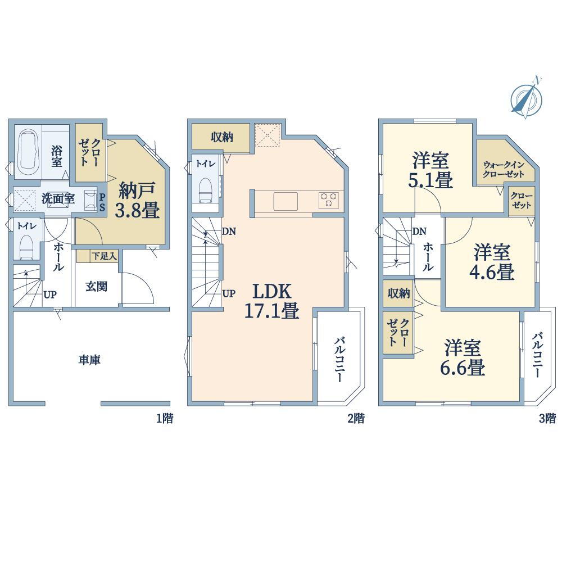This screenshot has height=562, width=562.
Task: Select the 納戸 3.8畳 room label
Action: tap(137, 200)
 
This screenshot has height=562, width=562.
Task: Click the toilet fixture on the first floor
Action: tap(26, 247)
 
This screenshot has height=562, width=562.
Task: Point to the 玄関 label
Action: tap(97, 287)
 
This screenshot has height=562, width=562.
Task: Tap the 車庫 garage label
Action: tap(89, 360)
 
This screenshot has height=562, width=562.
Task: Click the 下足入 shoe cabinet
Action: tap(97, 256)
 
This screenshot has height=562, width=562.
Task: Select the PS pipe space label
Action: tap(102, 202)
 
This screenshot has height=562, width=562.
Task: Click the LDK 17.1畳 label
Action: tap(271, 301)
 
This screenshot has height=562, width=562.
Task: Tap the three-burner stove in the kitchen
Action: tap(328, 200)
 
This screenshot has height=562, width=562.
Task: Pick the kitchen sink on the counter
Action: tap(285, 201)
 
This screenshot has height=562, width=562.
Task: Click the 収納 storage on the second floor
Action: tap(221, 137)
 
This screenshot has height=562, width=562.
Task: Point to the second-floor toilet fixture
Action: tap(206, 190)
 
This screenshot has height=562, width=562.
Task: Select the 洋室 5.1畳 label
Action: tap(430, 170)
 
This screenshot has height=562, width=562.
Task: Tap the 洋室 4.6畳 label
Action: tap(492, 262)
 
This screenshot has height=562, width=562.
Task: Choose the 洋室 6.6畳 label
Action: tap(463, 357)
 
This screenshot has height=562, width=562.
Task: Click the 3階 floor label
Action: tap(547, 418)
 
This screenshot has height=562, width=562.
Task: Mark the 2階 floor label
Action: tap(356, 418)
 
